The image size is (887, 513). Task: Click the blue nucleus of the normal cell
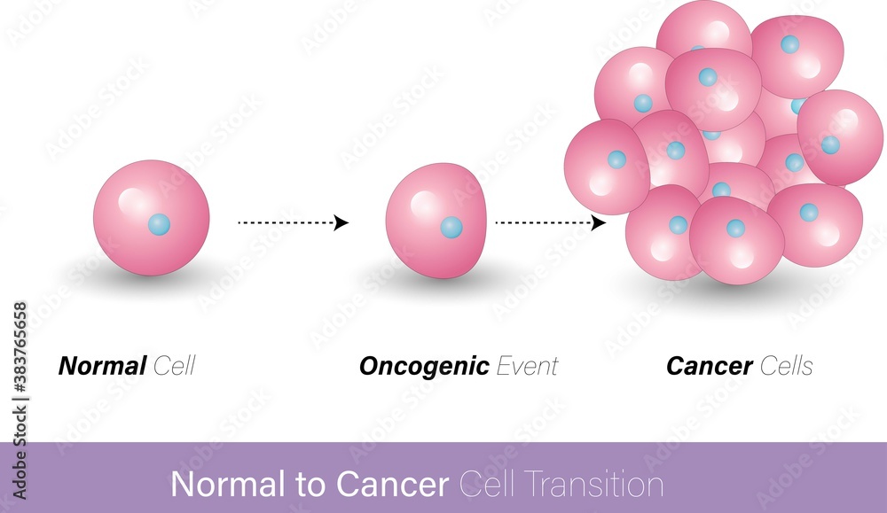[159, 224]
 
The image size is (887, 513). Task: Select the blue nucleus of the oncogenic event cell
[451, 228]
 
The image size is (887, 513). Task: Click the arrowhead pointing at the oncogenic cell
[341, 223]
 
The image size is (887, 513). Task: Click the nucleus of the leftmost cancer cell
[616, 159]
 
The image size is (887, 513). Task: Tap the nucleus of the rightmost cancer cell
[830, 144]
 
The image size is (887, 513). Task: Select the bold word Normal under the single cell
[102, 366]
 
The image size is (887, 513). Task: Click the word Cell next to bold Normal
[174, 366]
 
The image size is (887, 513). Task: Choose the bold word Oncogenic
[424, 366]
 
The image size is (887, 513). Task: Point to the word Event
[527, 366]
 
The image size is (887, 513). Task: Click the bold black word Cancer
[709, 366]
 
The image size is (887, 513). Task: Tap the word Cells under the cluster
[786, 366]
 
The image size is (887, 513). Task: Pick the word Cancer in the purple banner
[392, 485]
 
